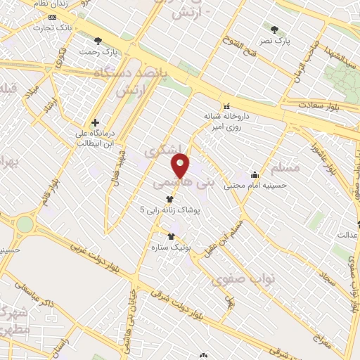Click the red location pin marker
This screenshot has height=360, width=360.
point(181,166)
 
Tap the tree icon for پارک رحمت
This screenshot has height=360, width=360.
point(98,41)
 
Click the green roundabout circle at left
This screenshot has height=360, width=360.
point(25,224)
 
